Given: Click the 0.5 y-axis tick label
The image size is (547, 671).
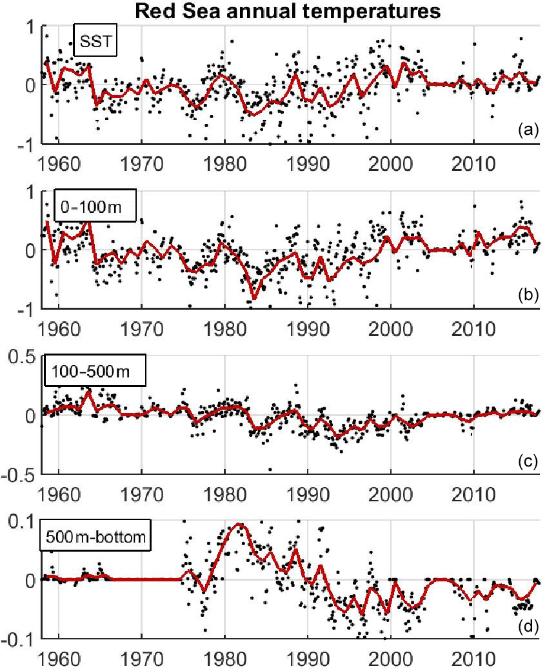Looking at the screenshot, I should pyautogui.click(x=20, y=357).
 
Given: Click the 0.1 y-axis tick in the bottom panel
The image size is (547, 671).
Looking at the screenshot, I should pyautogui.click(x=20, y=521).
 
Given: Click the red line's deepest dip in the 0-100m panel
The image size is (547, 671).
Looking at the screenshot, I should pyautogui.click(x=254, y=299).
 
